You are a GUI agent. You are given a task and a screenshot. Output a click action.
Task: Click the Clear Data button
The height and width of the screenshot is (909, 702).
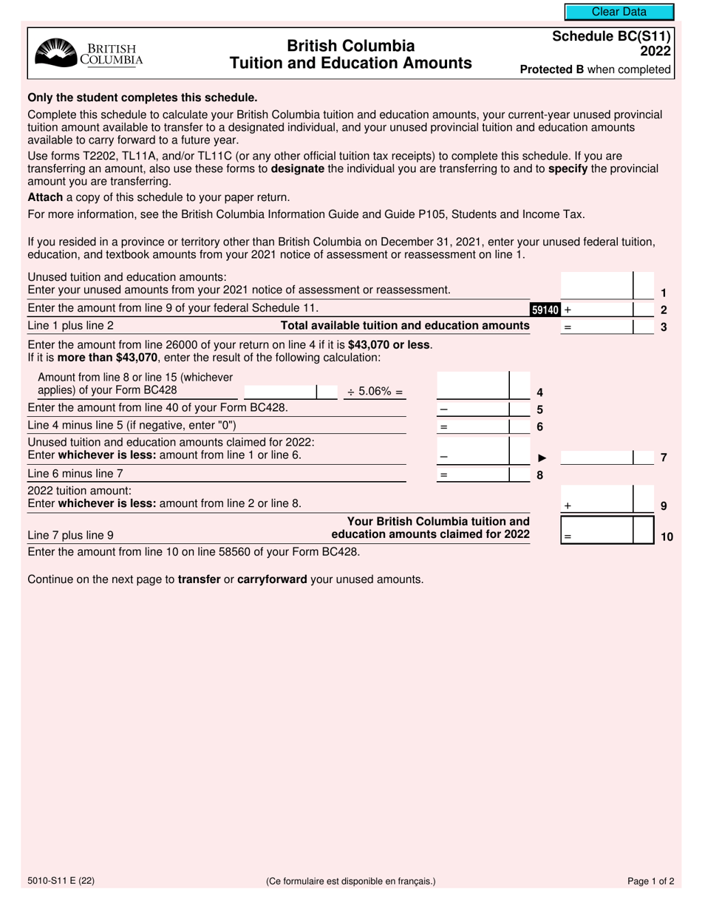(x=619, y=12)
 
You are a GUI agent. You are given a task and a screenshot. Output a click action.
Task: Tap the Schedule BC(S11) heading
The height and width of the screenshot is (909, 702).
(x=611, y=41)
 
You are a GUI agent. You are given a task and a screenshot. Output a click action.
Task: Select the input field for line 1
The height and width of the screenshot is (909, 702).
(x=597, y=287)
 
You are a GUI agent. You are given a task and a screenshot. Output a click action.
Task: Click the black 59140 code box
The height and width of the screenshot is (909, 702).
(x=545, y=310)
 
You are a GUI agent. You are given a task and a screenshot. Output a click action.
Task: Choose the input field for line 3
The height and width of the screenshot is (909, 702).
(x=597, y=327)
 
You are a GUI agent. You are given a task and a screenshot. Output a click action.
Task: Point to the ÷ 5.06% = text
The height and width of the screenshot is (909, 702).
(x=375, y=392)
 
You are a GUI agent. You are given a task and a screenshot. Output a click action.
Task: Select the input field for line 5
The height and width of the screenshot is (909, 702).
(x=474, y=409)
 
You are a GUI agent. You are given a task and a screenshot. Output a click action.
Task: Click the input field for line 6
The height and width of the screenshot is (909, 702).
(x=474, y=426)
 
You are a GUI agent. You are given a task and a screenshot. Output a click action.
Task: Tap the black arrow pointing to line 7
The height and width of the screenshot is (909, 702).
(x=542, y=457)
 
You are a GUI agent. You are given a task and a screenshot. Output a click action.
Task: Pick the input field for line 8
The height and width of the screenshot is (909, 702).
(x=474, y=475)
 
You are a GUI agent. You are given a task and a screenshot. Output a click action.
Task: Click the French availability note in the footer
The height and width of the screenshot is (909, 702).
(x=351, y=881)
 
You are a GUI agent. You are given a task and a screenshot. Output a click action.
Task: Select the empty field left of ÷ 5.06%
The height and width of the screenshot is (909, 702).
(x=279, y=392)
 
